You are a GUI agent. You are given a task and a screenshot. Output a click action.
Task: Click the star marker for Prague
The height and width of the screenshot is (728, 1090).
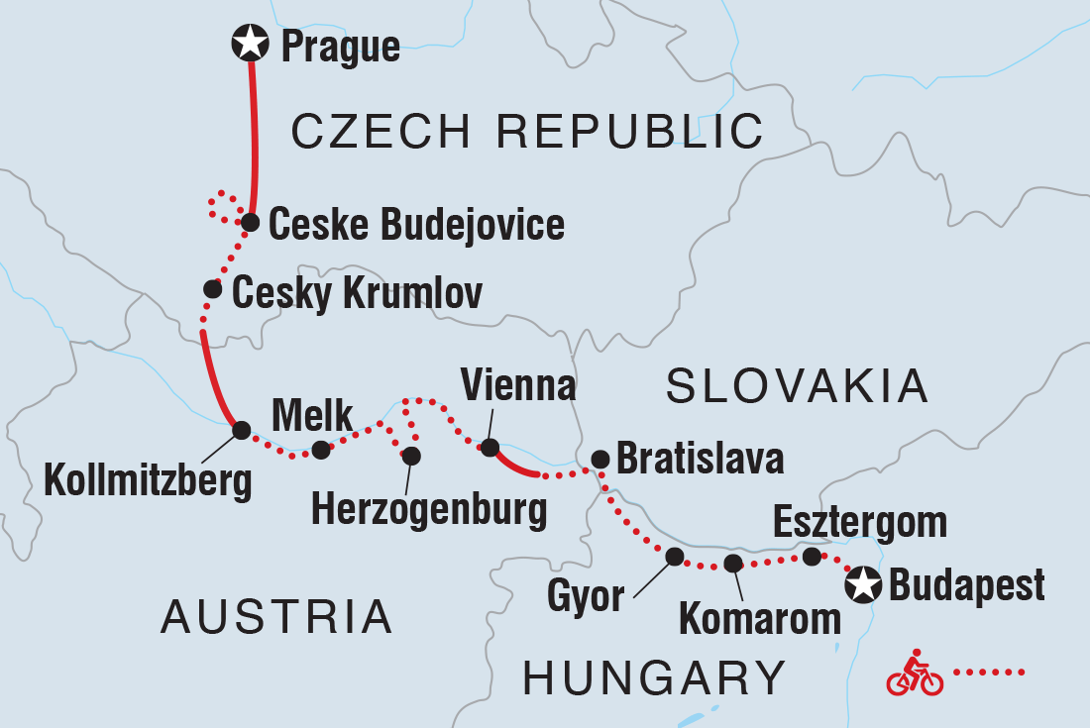pos(250,44)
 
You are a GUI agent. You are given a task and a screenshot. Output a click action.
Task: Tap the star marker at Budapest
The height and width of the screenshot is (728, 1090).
pos(863,585)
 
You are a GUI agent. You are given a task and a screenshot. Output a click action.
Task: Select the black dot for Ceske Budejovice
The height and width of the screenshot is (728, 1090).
pos(251,222)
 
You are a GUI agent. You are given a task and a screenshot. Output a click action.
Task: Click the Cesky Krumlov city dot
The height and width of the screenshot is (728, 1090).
pos(212,289)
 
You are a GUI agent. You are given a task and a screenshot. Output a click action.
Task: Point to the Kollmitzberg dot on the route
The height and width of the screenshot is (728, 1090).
pos(240,430)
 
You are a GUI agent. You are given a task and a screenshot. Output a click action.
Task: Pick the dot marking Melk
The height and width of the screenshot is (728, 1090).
pos(320,451)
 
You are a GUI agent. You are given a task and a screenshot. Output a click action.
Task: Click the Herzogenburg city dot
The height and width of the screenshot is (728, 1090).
pos(411,456)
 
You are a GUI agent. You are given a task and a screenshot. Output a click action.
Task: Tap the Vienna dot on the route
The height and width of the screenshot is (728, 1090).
pos(489,448)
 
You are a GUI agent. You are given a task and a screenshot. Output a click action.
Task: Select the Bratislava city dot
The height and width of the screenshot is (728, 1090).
pos(599,459)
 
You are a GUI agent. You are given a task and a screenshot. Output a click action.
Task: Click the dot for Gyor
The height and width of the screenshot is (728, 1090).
pos(675,557)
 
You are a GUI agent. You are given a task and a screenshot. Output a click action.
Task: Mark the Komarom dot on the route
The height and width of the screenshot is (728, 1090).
pos(732,564)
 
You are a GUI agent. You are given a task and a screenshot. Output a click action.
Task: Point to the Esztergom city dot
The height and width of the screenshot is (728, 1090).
pos(811,557)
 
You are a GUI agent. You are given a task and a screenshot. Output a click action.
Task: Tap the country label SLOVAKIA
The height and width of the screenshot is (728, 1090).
pos(797,386)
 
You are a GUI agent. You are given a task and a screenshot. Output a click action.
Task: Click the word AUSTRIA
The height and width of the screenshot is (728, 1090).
pos(276,617)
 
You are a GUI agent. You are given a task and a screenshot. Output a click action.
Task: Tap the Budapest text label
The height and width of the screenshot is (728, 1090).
pos(966,585)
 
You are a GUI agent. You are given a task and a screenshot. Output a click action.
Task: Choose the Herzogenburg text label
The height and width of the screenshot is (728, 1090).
pos(428,509)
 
